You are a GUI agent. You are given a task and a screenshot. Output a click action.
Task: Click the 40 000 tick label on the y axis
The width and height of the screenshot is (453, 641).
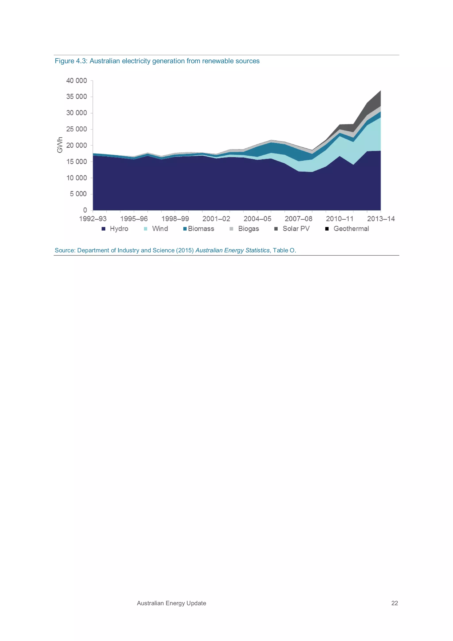[x=77, y=81]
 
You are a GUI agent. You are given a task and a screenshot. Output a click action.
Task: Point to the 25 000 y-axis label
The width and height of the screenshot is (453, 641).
[x=77, y=129]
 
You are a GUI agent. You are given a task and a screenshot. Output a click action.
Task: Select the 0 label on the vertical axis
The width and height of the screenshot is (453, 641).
[x=85, y=210]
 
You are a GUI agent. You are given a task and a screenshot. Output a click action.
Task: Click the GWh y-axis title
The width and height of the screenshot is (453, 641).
[x=60, y=145]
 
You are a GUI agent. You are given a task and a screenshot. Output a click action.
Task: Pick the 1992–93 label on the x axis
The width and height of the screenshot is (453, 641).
[x=93, y=219]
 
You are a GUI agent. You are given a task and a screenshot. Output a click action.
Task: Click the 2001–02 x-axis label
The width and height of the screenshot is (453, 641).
[x=216, y=219]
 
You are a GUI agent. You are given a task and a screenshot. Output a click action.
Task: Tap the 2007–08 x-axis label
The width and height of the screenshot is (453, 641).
[x=298, y=219]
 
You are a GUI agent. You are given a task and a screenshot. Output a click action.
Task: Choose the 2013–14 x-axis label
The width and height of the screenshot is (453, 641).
[x=381, y=219]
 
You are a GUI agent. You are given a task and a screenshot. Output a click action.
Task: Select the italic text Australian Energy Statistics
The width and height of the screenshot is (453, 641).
[x=232, y=250]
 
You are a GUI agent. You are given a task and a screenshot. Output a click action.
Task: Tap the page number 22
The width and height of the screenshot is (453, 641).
[x=394, y=603]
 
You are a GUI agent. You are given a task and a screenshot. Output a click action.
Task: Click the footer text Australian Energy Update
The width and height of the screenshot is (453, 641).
[x=171, y=603]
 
